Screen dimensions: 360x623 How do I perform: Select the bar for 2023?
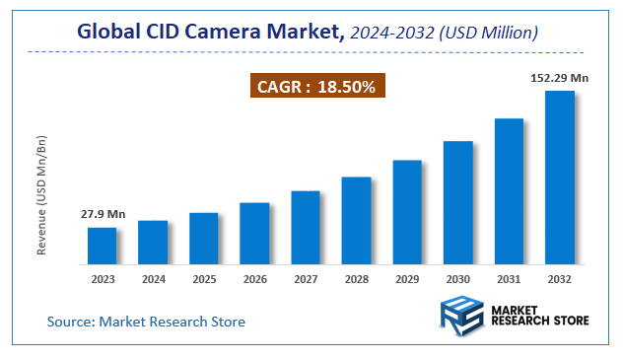102,246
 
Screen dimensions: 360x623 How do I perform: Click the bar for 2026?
254,234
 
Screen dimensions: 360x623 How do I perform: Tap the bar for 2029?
407,212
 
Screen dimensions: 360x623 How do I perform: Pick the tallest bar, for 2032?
560,178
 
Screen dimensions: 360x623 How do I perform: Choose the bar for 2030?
458,202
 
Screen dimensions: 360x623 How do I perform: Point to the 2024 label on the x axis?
153,279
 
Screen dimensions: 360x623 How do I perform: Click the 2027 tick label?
306,279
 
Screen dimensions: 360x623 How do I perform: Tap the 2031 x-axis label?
509,279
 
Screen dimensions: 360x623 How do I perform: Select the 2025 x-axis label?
204,279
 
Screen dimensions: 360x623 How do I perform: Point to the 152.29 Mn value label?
560,76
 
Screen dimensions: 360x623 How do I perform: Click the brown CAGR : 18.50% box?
315,87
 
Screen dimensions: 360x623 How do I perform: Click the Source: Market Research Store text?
146,322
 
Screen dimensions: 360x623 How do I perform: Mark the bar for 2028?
356,221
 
